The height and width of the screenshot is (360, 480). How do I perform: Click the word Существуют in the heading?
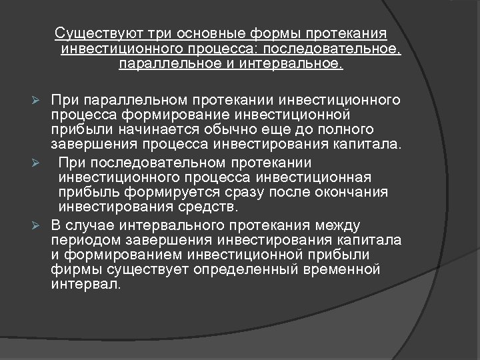tap(91, 33)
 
